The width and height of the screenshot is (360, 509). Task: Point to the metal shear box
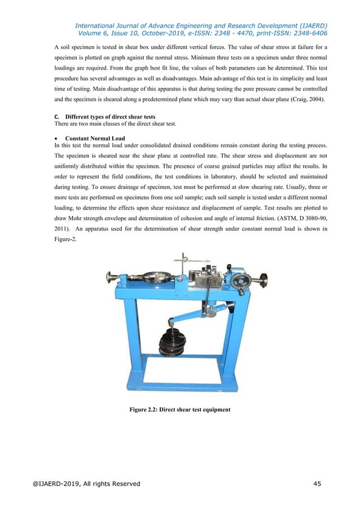point(207,280)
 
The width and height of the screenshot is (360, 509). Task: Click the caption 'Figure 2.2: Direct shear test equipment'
point(180,410)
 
